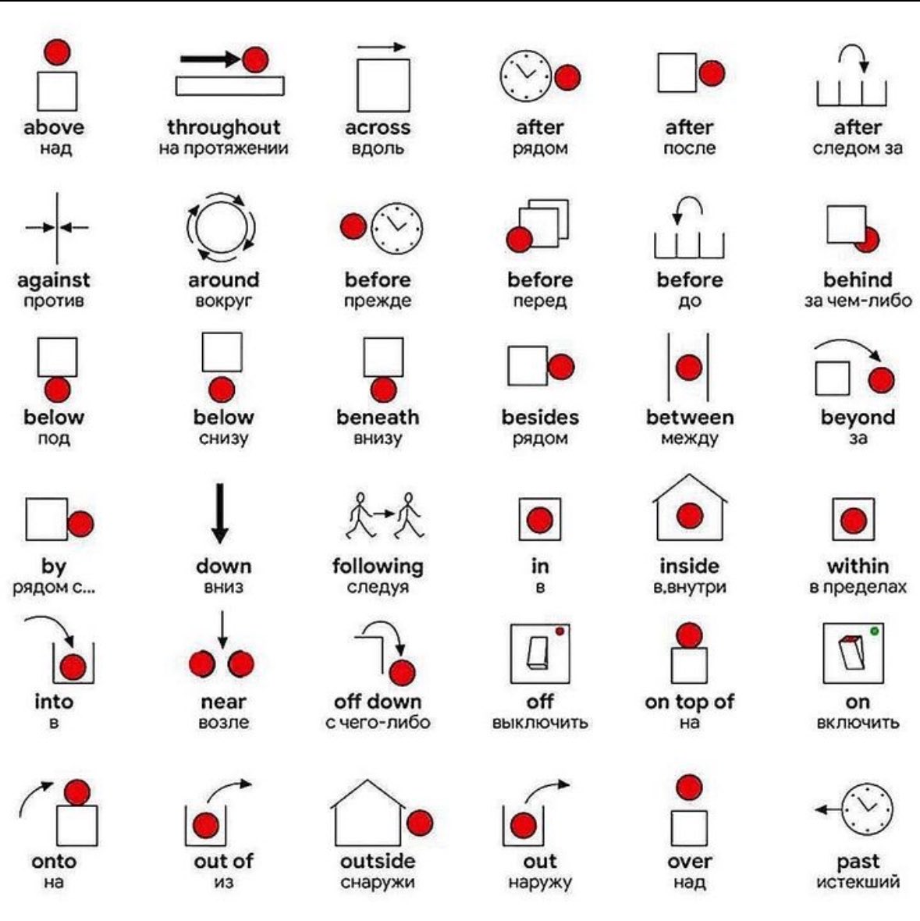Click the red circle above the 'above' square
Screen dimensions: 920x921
pyautogui.click(x=57, y=52)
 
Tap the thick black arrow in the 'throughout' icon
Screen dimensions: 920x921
pyautogui.click(x=210, y=59)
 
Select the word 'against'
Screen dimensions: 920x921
pyautogui.click(x=53, y=281)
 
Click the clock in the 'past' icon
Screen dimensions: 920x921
pyautogui.click(x=867, y=809)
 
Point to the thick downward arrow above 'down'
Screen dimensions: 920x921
pyautogui.click(x=220, y=514)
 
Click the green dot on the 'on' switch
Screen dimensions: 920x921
pyautogui.click(x=874, y=631)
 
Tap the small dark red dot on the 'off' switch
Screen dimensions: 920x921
pyautogui.click(x=559, y=631)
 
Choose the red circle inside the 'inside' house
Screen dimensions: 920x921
pyautogui.click(x=689, y=516)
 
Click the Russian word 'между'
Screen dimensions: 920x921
pyautogui.click(x=689, y=439)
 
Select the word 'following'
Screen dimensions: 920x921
pyautogui.click(x=378, y=567)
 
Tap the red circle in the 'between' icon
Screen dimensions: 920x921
pyautogui.click(x=689, y=368)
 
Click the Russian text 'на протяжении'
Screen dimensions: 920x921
pyautogui.click(x=224, y=148)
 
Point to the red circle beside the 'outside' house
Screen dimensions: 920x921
pyautogui.click(x=420, y=823)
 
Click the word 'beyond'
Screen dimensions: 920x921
pyautogui.click(x=858, y=418)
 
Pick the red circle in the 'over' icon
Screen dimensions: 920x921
pyautogui.click(x=689, y=788)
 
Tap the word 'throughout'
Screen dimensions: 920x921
pyautogui.click(x=224, y=127)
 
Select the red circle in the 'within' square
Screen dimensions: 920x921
pyautogui.click(x=853, y=520)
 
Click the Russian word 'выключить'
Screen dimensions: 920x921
pyautogui.click(x=540, y=723)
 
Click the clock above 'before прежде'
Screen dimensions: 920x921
pyautogui.click(x=397, y=229)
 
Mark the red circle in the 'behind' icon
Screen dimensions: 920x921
pyautogui.click(x=867, y=240)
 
